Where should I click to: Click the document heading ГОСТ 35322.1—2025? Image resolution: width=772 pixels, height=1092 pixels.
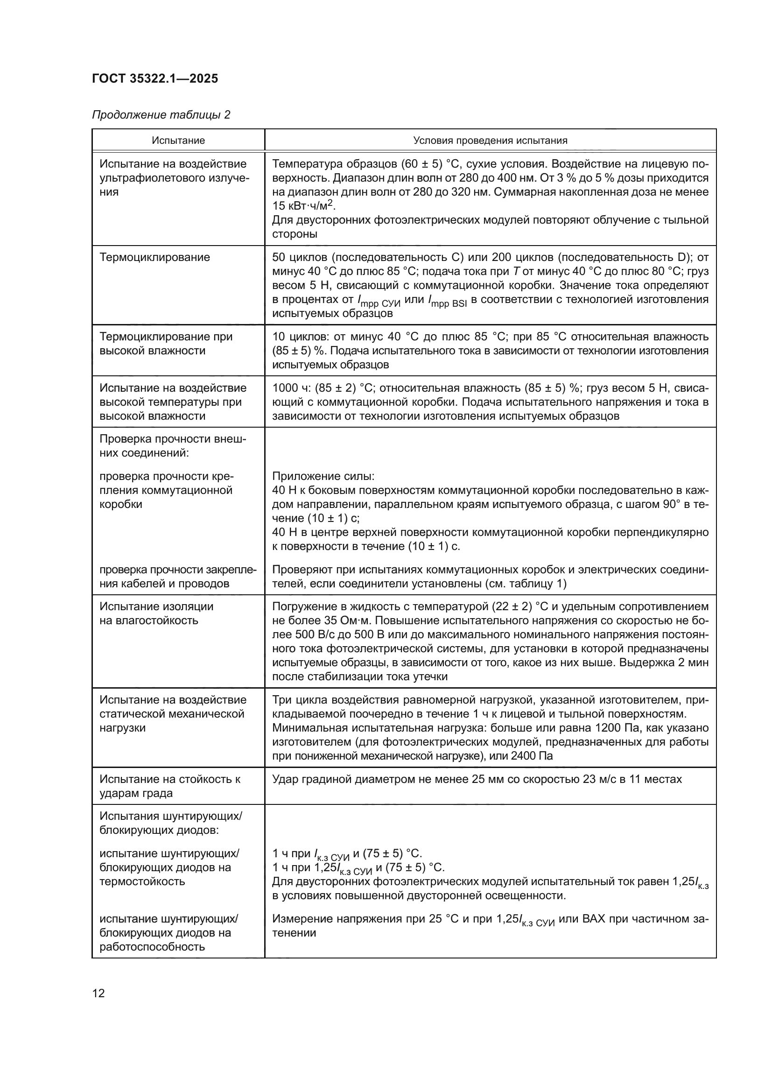pos(155,78)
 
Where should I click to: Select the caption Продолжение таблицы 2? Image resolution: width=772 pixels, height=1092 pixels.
pos(161,115)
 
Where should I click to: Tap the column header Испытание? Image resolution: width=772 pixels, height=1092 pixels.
pos(178,141)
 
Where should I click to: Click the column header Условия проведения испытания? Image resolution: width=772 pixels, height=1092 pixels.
pos(490,141)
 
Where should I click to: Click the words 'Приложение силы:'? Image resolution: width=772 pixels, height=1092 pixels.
pos(323,477)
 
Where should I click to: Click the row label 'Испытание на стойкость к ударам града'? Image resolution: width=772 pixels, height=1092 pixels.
pos(169,786)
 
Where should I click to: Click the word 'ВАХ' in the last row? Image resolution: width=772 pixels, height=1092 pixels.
pos(593,918)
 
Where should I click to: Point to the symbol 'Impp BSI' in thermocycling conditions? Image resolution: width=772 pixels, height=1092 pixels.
pos(447,301)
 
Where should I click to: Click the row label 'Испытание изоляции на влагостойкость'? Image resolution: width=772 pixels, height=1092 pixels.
pos(156,613)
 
